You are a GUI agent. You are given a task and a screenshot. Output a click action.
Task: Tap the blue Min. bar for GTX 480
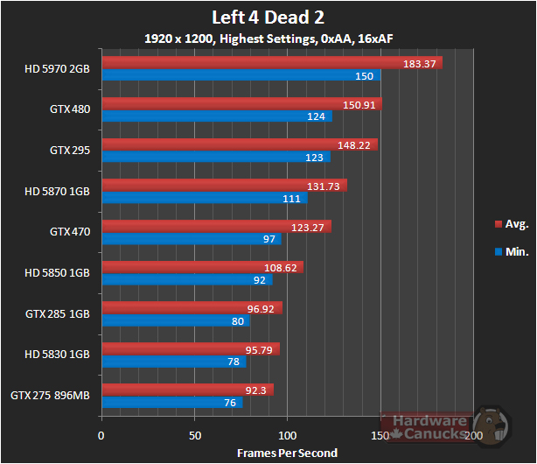(217, 116)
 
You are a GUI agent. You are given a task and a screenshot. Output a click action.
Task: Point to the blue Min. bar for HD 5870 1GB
(205, 198)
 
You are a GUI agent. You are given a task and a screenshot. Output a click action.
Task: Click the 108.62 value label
(282, 267)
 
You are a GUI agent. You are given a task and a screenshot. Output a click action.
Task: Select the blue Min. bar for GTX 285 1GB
(176, 320)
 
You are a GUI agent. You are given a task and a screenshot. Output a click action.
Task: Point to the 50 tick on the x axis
(195, 435)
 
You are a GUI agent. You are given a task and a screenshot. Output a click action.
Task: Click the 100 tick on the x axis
(288, 435)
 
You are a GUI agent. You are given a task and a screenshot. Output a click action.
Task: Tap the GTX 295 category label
(70, 150)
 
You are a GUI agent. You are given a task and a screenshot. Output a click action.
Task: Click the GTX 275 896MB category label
(50, 395)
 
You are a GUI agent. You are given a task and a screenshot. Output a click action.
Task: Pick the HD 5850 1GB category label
(57, 272)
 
